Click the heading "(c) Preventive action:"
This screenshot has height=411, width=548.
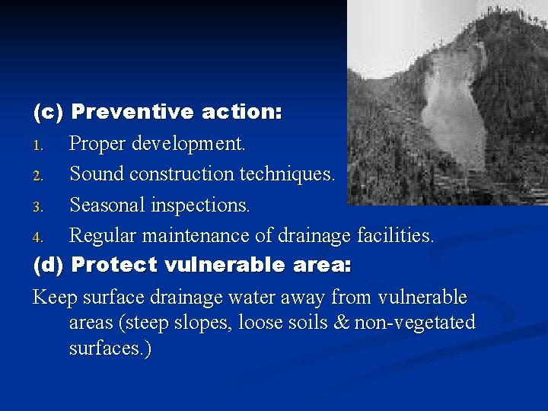coord(158,113)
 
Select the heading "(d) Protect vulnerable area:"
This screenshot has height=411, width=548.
coord(192,266)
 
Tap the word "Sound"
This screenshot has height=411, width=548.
coord(97,174)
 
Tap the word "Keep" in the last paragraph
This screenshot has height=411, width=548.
coord(55,298)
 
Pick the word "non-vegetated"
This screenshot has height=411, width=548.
coord(415,323)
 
